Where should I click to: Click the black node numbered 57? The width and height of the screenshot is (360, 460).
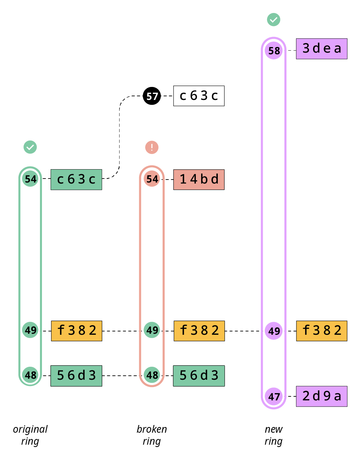[x=152, y=96]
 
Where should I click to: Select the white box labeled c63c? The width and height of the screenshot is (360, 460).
[x=199, y=96]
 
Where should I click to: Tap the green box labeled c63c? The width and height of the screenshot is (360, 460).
[x=76, y=180]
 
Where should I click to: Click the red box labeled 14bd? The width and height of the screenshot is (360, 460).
[x=199, y=180]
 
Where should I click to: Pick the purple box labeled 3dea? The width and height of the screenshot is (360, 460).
[x=322, y=49]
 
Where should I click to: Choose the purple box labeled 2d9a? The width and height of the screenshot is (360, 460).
[x=322, y=396]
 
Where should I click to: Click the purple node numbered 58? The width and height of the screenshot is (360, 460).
[x=274, y=51]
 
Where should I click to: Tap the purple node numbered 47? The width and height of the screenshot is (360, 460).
[x=274, y=396]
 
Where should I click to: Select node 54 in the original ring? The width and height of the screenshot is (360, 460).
[x=30, y=179]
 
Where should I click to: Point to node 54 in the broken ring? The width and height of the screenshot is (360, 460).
[x=152, y=179]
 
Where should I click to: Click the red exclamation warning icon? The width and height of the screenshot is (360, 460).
[x=152, y=147]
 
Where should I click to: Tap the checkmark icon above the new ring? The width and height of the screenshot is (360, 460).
[x=274, y=20]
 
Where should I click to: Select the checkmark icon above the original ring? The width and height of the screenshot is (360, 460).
[x=30, y=147]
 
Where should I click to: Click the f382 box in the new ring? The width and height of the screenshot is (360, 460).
[x=322, y=331]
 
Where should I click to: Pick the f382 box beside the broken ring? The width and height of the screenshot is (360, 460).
[x=199, y=331]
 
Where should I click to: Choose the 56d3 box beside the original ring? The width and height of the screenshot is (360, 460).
[x=76, y=376]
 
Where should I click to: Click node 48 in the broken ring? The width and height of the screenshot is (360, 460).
[x=152, y=375]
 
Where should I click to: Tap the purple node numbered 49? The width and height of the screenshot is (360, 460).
[x=274, y=331]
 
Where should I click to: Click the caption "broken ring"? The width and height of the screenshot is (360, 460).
[x=152, y=435]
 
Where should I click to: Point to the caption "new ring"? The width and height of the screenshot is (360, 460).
[x=273, y=435]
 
